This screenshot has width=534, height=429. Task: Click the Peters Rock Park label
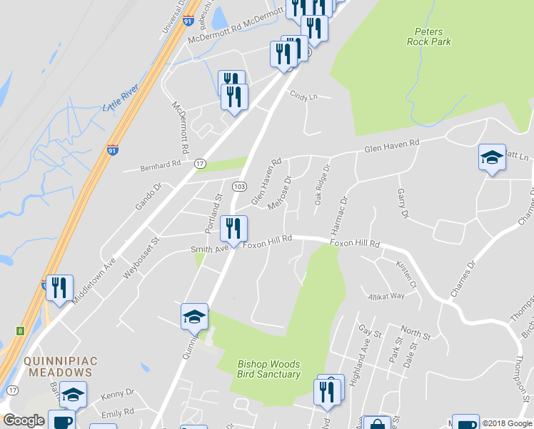tap(429, 36)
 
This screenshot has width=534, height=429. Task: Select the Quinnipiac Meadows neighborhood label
tap(59, 367)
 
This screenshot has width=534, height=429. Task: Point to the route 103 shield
tap(239, 185)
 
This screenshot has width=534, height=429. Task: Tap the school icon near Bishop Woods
tap(194, 317)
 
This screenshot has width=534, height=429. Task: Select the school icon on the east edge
tap(492, 158)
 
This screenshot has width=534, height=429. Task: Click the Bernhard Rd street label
tap(161, 165)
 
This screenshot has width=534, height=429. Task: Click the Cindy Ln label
tap(303, 95)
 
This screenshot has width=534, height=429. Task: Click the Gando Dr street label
tap(149, 196)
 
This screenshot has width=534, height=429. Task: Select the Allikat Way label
tap(386, 296)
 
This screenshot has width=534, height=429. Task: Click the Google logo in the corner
tap(24, 420)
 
